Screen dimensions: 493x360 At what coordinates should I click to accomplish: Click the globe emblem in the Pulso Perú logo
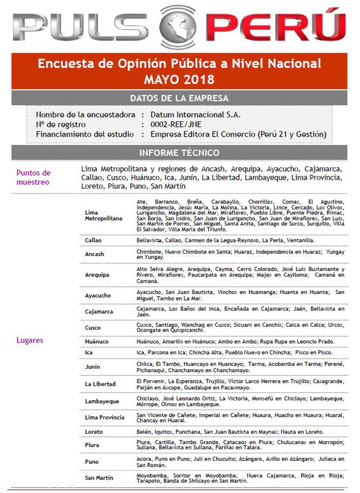coord(178,26)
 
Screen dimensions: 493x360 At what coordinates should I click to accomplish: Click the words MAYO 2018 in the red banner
coord(179,79)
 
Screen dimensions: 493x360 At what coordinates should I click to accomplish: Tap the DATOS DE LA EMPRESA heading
coord(179,98)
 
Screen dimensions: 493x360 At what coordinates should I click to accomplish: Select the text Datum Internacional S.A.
coord(195,115)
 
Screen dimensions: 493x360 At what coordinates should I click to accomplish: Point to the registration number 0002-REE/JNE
coord(176,125)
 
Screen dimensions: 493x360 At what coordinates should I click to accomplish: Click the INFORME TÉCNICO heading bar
coord(179,152)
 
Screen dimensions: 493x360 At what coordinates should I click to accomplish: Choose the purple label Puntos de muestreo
coord(33,177)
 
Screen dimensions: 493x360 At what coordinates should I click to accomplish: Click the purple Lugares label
coord(30,340)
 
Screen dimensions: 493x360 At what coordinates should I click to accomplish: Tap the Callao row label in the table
coord(93,240)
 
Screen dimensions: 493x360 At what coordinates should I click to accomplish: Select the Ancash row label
coord(94,254)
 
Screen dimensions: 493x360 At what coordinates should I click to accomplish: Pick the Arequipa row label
coord(97,275)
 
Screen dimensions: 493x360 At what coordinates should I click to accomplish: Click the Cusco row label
coord(93,328)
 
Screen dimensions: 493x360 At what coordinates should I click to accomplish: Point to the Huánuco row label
coord(97,342)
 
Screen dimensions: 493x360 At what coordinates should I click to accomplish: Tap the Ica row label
coord(89,353)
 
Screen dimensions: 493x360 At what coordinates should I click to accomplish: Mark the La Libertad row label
coord(100,384)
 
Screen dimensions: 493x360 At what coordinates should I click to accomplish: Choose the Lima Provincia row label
coord(104,418)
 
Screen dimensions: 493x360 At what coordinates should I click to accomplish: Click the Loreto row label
coord(94,432)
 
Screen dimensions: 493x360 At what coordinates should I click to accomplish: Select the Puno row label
coord(91,462)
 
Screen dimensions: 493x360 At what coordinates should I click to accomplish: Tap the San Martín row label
coord(99,478)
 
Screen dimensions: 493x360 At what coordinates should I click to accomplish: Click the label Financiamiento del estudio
coord(85,134)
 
